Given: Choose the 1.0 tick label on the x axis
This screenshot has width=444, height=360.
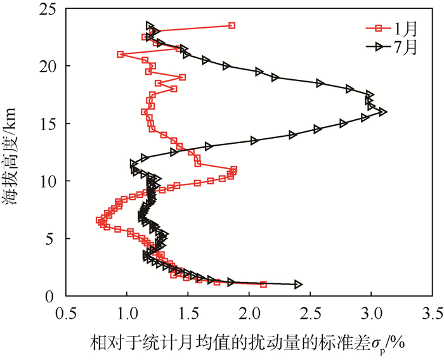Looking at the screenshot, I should coord(127,313).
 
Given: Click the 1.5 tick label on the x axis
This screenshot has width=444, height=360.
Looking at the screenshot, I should coord(188,313).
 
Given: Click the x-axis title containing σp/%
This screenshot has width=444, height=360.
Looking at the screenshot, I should coord(247,342).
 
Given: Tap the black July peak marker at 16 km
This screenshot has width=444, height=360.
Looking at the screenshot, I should coord(382,112).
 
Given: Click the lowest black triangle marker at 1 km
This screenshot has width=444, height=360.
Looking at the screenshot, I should coord(298,285).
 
